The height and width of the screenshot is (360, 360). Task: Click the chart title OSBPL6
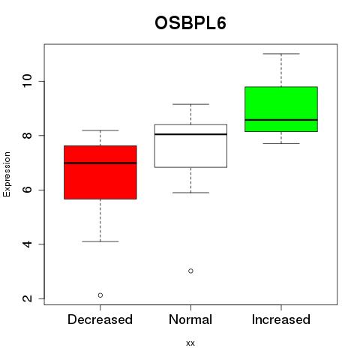pyautogui.click(x=190, y=23)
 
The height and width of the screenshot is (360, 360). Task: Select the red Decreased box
pyautogui.click(x=100, y=172)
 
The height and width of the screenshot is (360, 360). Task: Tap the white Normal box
pyautogui.click(x=190, y=145)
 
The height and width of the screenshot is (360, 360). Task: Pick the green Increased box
pyautogui.click(x=281, y=109)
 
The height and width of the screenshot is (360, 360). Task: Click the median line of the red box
pyautogui.click(x=100, y=163)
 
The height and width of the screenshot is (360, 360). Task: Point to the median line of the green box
pyautogui.click(x=281, y=120)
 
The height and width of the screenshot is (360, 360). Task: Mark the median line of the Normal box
pyautogui.click(x=190, y=134)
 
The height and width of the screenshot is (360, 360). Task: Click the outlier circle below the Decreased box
pyautogui.click(x=100, y=295)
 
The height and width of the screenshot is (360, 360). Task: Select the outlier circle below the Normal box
pyautogui.click(x=190, y=271)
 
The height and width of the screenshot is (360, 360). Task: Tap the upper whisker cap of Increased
pyautogui.click(x=281, y=54)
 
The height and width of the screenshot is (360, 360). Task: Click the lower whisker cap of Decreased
pyautogui.click(x=100, y=241)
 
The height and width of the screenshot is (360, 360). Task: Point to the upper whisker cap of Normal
pyautogui.click(x=190, y=104)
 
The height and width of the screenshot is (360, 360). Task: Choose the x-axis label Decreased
pyautogui.click(x=100, y=319)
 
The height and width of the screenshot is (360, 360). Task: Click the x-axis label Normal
pyautogui.click(x=190, y=319)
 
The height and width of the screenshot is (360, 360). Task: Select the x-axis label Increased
pyautogui.click(x=281, y=319)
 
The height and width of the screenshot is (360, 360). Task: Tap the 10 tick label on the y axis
pyautogui.click(x=27, y=81)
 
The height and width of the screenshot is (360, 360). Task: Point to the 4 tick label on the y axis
pyautogui.click(x=27, y=244)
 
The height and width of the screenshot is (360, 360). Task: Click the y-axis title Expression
pyautogui.click(x=7, y=174)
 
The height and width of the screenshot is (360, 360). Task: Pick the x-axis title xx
pyautogui.click(x=190, y=343)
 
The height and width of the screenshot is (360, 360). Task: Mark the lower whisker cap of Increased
pyautogui.click(x=281, y=143)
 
